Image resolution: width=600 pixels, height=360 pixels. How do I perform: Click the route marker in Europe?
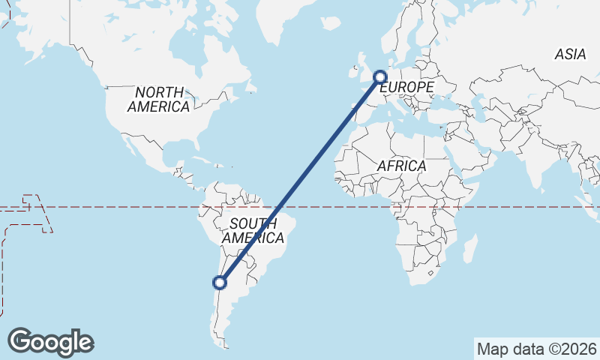click(380, 76)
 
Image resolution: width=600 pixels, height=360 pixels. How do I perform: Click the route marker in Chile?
click(220, 283)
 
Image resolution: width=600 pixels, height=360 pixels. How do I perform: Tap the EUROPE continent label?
click(407, 88)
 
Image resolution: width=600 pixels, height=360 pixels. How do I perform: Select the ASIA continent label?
click(570, 54)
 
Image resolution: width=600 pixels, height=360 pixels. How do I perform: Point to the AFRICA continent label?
click(402, 166)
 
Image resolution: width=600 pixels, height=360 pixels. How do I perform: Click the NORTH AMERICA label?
click(157, 100)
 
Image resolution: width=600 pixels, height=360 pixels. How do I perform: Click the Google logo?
click(50, 342)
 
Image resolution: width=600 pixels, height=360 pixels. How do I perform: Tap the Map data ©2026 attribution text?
click(537, 349)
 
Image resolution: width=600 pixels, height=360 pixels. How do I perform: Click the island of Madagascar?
click(470, 248)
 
